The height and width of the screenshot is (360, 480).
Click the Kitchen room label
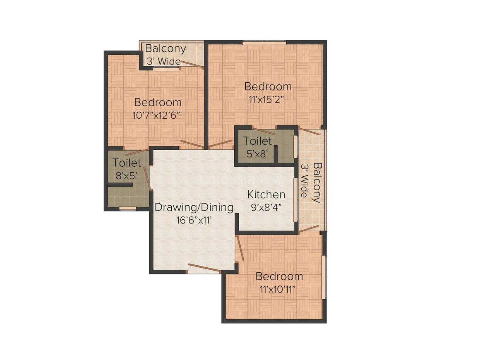pyautogui.click(x=266, y=194)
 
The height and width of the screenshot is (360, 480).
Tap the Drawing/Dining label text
pyautogui.click(x=194, y=208)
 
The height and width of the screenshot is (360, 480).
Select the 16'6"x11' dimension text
pyautogui.click(x=194, y=221)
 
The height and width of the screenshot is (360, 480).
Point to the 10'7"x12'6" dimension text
pyautogui.click(x=156, y=115)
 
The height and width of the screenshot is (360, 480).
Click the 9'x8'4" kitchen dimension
pyautogui.click(x=266, y=208)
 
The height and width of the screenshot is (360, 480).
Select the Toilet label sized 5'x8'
pyautogui.click(x=257, y=141)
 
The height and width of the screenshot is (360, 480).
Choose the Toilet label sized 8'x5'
pyautogui.click(x=127, y=163)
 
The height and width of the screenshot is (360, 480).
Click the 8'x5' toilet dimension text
pyautogui.click(x=126, y=176)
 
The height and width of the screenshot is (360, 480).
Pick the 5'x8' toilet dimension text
pyautogui.click(x=257, y=154)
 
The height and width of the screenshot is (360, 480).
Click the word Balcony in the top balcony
pyautogui.click(x=165, y=49)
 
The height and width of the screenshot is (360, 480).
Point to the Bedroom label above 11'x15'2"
pyautogui.click(x=268, y=86)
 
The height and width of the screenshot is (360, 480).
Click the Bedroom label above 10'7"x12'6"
pyautogui.click(x=158, y=102)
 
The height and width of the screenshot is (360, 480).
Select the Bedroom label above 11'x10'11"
pyautogui.click(x=279, y=276)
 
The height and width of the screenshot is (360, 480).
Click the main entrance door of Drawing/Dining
pyautogui.click(x=204, y=268)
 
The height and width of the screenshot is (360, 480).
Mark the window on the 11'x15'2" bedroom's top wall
pyautogui.click(x=264, y=43)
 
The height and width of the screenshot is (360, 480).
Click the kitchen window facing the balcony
pyautogui.click(x=295, y=199)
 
